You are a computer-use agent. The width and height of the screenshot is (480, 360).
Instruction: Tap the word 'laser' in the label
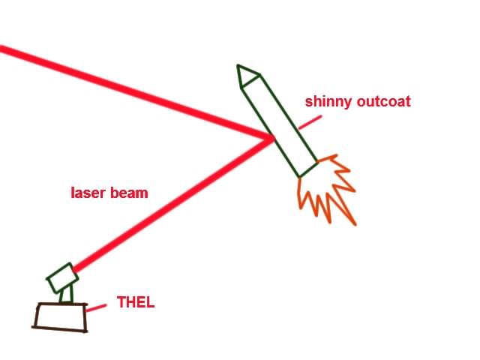(x=87, y=193)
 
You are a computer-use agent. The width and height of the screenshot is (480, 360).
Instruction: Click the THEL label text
(x=135, y=304)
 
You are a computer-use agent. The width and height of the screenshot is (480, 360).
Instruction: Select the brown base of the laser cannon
(x=61, y=316)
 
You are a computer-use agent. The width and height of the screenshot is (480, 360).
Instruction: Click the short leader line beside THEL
(x=96, y=307)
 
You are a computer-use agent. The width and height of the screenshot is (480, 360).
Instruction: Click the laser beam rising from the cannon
(x=172, y=202)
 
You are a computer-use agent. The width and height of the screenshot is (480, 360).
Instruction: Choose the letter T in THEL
(x=121, y=304)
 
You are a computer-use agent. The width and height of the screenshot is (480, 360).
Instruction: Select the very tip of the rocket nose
(x=239, y=66)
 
